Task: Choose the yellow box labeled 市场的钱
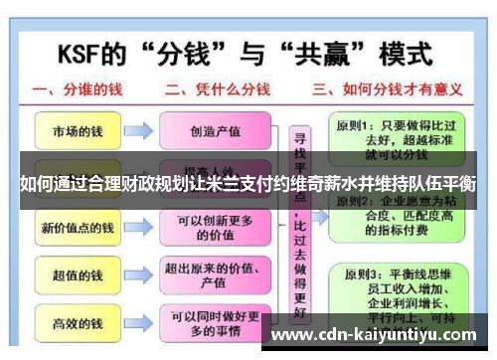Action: tap(75, 130)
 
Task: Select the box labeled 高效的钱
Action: tap(75, 323)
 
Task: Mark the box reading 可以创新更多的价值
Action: tap(221, 228)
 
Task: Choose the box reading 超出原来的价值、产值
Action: tap(221, 275)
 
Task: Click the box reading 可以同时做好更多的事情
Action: tap(221, 323)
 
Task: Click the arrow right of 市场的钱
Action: tap(138, 130)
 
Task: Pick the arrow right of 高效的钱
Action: tap(138, 323)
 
